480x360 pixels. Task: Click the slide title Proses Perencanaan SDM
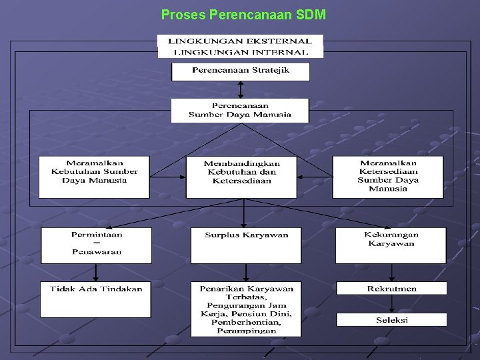pyautogui.click(x=243, y=14)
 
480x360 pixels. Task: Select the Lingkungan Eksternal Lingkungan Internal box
pyautogui.click(x=241, y=46)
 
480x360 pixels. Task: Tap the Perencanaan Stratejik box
pyautogui.click(x=241, y=71)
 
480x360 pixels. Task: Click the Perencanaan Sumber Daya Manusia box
pyautogui.click(x=240, y=110)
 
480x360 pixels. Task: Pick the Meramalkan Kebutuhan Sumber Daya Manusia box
pyautogui.click(x=94, y=177)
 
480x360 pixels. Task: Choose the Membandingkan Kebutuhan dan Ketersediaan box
pyautogui.click(x=241, y=177)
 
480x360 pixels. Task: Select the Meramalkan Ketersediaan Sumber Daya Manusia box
pyautogui.click(x=388, y=177)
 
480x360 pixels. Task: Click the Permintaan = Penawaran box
pyautogui.click(x=97, y=245)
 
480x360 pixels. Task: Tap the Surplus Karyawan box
pyautogui.click(x=246, y=245)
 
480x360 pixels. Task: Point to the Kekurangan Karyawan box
pyautogui.click(x=391, y=245)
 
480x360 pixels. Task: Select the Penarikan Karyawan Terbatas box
pyautogui.click(x=246, y=309)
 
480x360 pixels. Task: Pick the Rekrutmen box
pyautogui.click(x=391, y=289)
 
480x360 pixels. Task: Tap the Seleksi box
pyautogui.click(x=391, y=319)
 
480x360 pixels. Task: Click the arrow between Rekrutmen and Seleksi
pyautogui.click(x=392, y=304)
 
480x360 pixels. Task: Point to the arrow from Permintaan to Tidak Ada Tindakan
pyautogui.click(x=96, y=273)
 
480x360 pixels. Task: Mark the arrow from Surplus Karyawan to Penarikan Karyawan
pyautogui.click(x=246, y=273)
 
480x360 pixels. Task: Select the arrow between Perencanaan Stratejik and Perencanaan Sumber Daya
pyautogui.click(x=241, y=90)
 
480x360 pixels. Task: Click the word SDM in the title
pyautogui.click(x=312, y=14)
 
